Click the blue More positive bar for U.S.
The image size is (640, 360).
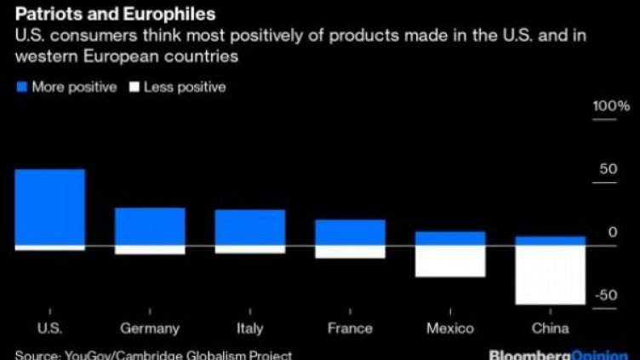point(49,207)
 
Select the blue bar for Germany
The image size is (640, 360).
point(150,226)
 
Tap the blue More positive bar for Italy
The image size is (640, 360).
point(249,227)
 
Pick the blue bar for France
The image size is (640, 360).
point(350,232)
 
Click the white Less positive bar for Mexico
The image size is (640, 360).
point(450,261)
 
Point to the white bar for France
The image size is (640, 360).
point(350,252)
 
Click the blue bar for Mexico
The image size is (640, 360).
point(450,238)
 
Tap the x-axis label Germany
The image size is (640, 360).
point(150,329)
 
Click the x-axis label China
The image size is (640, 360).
point(550,329)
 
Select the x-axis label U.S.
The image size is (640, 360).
point(49,329)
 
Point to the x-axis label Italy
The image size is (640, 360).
point(249,329)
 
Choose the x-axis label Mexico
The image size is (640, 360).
point(450,329)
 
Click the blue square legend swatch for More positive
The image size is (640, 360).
point(21,87)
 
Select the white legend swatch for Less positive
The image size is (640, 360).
point(133,87)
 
